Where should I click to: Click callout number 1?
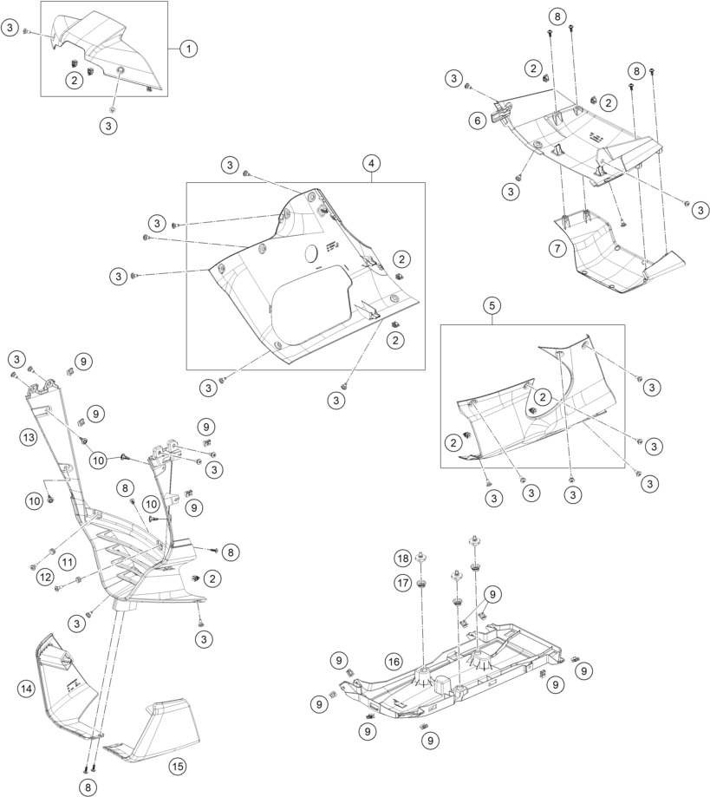click(188, 49)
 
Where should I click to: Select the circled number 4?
click(372, 163)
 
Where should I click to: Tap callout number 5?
click(492, 305)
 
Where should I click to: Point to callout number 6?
click(478, 121)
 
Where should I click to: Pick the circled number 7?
click(557, 249)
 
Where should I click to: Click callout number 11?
click(67, 562)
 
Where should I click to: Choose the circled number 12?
click(45, 577)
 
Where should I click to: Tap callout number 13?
click(29, 436)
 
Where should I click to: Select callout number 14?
click(26, 689)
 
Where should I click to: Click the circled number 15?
click(178, 766)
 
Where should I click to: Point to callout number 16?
click(394, 662)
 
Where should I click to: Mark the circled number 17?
click(403, 583)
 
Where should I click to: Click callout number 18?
click(403, 559)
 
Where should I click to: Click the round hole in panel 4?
click(312, 253)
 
